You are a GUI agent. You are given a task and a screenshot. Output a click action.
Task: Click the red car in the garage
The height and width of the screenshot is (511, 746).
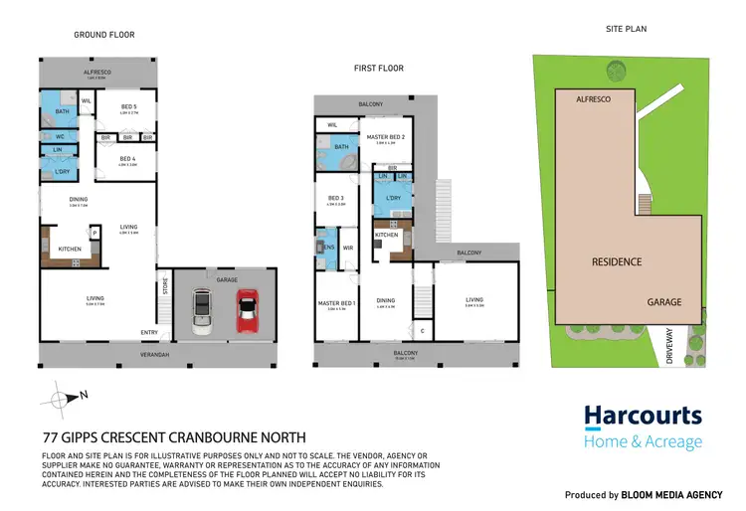pyautogui.click(x=248, y=310)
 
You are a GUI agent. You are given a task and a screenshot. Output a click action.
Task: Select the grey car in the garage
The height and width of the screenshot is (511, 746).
pyautogui.click(x=203, y=310)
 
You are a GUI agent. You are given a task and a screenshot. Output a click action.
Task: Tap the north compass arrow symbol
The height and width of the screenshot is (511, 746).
pyautogui.click(x=64, y=398)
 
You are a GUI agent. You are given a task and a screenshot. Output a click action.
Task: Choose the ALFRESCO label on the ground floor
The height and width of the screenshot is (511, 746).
pyautogui.click(x=97, y=73)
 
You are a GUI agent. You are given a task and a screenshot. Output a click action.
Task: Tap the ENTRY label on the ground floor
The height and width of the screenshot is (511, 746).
pyautogui.click(x=149, y=332)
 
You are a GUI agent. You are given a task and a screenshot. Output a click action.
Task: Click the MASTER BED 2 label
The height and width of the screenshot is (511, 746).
pyautogui.click(x=382, y=138)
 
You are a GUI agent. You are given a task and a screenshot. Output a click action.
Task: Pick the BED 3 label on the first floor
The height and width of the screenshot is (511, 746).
pyautogui.click(x=335, y=198)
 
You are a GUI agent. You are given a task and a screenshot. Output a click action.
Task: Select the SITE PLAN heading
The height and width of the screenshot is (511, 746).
pyautogui.click(x=626, y=30)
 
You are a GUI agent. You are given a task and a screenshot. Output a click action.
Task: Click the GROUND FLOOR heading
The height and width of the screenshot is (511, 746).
pyautogui.click(x=104, y=35)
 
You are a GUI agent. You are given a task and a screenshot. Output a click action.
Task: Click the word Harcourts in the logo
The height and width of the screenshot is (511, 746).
pyautogui.click(x=643, y=417)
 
